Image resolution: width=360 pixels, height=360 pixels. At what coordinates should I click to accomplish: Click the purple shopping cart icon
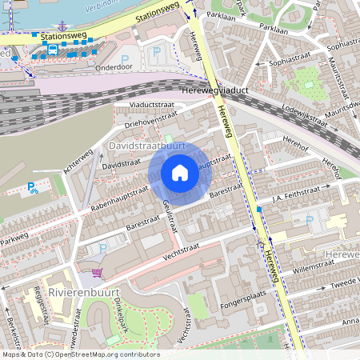point(98,273)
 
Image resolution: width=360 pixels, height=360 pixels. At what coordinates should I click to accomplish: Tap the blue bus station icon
point(52,49)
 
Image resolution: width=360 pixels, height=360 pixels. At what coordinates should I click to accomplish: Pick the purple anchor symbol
point(63,26)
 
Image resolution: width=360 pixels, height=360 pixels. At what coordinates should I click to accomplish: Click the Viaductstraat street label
point(145,105)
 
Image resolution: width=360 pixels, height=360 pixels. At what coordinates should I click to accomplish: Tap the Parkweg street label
point(14,238)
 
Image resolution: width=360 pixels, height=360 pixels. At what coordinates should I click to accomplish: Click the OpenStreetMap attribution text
point(80,354)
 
